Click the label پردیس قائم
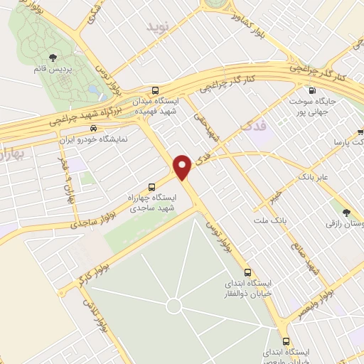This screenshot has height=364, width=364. coord(53,69)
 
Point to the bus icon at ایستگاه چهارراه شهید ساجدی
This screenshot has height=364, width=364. coord(151,187)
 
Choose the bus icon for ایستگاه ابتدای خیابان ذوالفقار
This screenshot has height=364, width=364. coord(247,272)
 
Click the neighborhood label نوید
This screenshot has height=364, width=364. coord(159,26)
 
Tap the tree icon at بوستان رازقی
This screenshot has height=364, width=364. coord(346,213)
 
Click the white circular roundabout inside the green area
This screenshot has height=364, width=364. coord(173,306)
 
